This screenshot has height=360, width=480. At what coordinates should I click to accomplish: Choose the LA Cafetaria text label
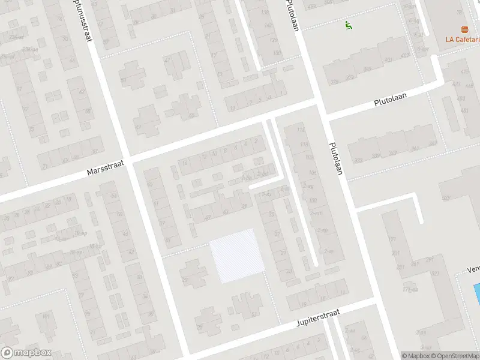pos(462,40)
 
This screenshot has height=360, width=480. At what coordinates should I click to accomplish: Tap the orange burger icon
pos(464,29)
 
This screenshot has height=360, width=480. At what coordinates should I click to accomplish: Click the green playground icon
pos(347,25)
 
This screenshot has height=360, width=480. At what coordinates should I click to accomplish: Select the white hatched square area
pos(238,256)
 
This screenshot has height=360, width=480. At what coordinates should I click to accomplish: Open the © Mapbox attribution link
pos(415,356)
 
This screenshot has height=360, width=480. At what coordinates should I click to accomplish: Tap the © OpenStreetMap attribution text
pos(454,356)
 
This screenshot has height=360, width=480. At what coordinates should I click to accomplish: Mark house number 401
pos(388,60)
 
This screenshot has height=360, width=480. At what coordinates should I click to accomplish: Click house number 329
pos(445,197)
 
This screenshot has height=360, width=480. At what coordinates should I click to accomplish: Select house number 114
pos(301,130)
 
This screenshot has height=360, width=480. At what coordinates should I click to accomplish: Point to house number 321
pos(435,274)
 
